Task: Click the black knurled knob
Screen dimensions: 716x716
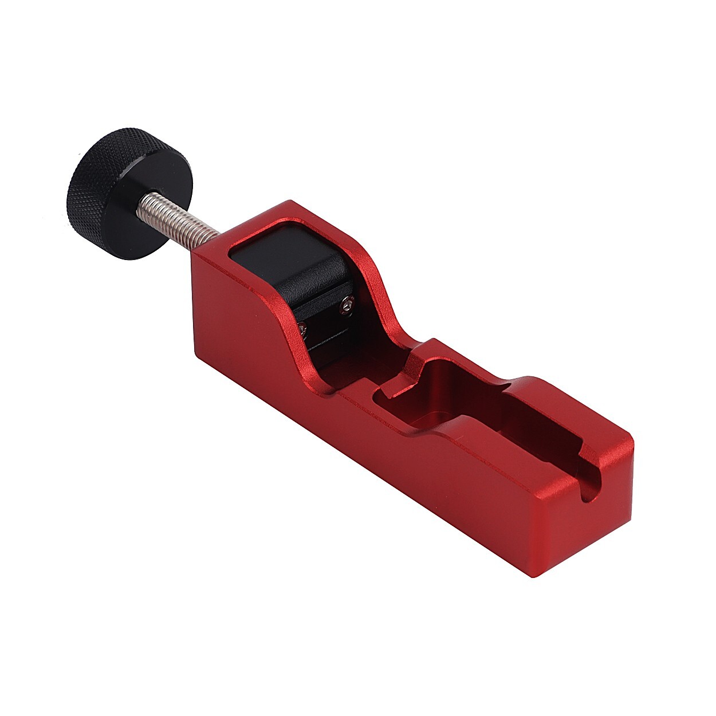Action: tap(129, 189)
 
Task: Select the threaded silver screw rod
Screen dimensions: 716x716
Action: tap(178, 214)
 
